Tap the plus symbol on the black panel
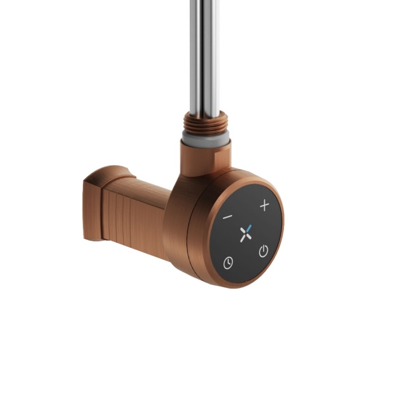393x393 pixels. [264, 206]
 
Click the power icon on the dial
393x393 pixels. [263, 251]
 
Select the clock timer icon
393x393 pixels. [228, 263]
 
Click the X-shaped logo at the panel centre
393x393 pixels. [245, 233]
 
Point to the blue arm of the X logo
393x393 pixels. [248, 228]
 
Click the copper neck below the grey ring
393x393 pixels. [205, 155]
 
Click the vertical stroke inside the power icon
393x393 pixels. [263, 249]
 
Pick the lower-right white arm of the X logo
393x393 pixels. [249, 237]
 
